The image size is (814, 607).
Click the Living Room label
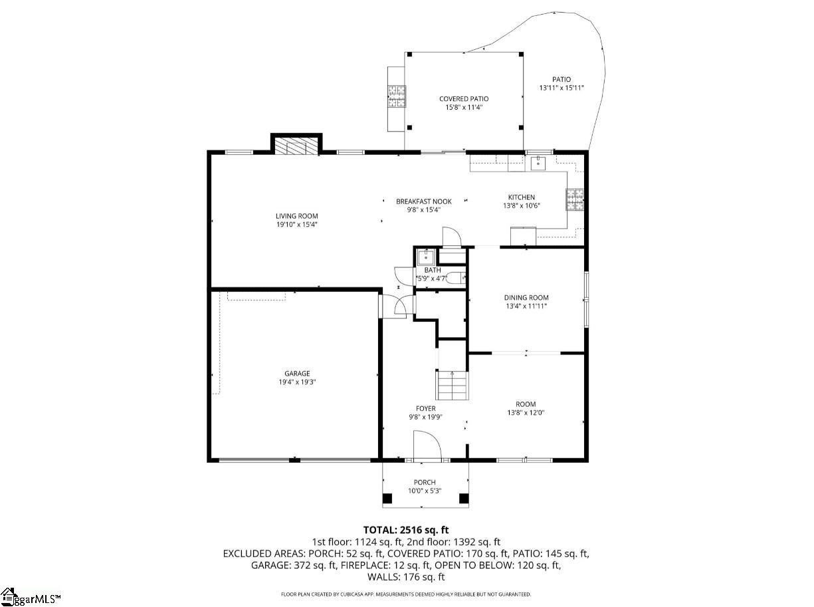point(296,216)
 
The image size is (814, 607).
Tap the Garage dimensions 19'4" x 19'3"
point(296,382)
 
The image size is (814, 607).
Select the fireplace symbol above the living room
point(296,146)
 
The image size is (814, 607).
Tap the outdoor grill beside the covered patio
point(397,96)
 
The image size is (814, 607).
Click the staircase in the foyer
point(452,385)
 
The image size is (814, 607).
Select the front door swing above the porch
point(426,445)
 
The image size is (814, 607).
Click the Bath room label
point(433,270)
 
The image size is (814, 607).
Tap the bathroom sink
point(425,256)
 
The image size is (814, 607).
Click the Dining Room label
point(526,298)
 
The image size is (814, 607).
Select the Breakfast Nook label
point(423,201)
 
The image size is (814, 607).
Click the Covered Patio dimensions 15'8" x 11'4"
point(463,108)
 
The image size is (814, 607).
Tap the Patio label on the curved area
point(561,80)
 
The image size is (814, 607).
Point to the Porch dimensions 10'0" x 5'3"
point(425,491)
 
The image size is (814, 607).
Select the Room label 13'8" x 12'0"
point(526,404)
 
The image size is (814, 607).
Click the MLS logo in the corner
point(31,596)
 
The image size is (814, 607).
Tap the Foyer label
point(425,409)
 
